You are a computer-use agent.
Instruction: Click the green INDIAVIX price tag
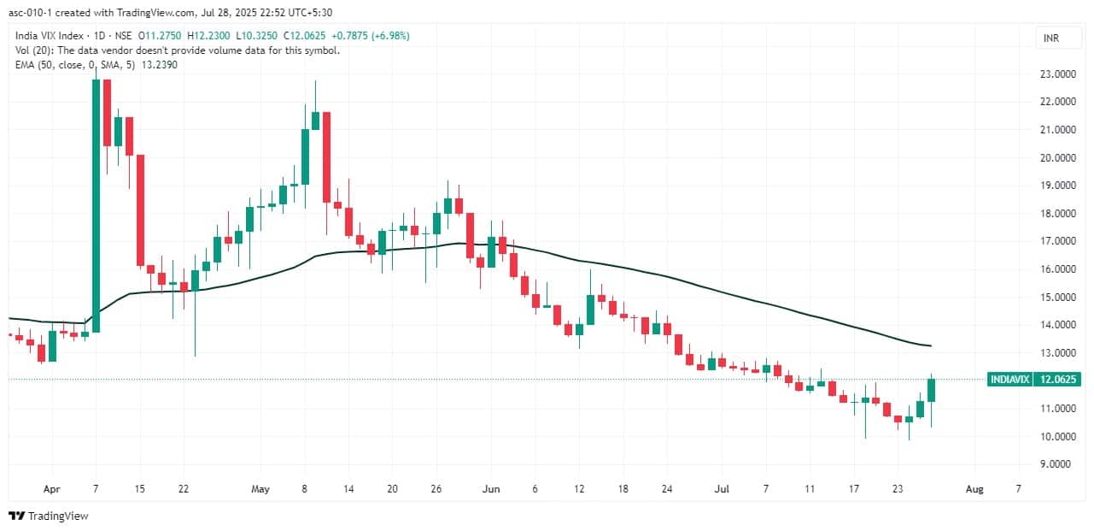click(x=1010, y=379)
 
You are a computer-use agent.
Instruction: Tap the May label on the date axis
click(x=260, y=489)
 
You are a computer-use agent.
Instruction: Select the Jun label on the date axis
click(x=490, y=489)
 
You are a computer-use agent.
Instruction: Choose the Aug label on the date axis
click(x=974, y=489)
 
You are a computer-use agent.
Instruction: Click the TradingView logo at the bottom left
click(x=49, y=516)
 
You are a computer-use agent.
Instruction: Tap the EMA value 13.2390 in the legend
click(x=160, y=64)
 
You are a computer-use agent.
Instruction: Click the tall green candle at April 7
click(x=97, y=205)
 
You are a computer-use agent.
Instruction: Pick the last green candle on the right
click(x=932, y=389)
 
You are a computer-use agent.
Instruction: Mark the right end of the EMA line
click(x=930, y=345)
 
